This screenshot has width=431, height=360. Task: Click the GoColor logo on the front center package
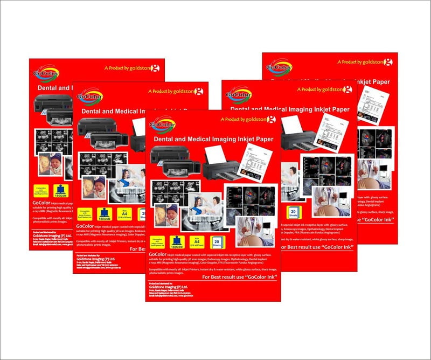pyautogui.click(x=163, y=124)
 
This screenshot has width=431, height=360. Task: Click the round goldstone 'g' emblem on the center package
pyautogui.click(x=272, y=120)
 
